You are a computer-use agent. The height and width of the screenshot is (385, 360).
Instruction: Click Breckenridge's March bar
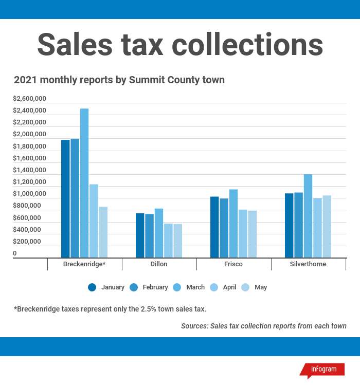(x=84, y=183)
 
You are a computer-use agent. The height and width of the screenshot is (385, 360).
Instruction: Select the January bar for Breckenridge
(x=65, y=198)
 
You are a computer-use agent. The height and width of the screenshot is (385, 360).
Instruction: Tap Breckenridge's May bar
(x=103, y=232)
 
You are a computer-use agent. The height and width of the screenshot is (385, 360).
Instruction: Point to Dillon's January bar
(x=140, y=235)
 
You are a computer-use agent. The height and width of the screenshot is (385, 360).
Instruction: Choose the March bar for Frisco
(x=233, y=223)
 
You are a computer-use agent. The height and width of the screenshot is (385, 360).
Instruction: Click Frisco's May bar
(x=252, y=234)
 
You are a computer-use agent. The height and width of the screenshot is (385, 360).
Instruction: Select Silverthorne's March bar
(x=308, y=216)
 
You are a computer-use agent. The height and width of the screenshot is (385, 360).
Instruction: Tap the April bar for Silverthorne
(x=317, y=228)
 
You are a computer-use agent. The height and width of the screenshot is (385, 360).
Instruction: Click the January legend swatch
(x=92, y=287)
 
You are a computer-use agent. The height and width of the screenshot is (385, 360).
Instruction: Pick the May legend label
(x=261, y=287)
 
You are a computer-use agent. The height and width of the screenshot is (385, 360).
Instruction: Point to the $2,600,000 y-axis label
(x=29, y=98)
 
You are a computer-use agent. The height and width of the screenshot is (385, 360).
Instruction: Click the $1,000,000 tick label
(x=29, y=194)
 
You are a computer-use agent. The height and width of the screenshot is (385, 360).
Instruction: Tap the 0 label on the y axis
(x=15, y=253)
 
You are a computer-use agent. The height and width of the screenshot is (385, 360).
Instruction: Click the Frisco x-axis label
(x=233, y=264)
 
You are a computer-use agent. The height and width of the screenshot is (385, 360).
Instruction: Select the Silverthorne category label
(x=308, y=264)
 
